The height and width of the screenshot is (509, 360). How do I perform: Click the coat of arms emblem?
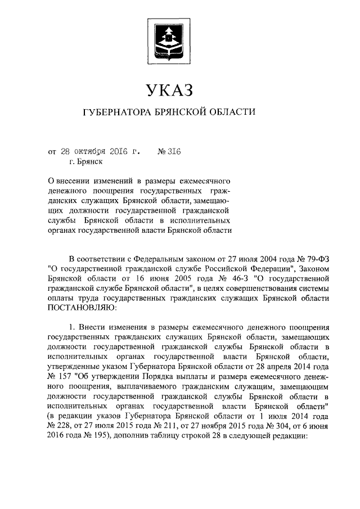[x=169, y=38]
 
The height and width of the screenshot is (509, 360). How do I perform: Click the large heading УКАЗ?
[x=168, y=89]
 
